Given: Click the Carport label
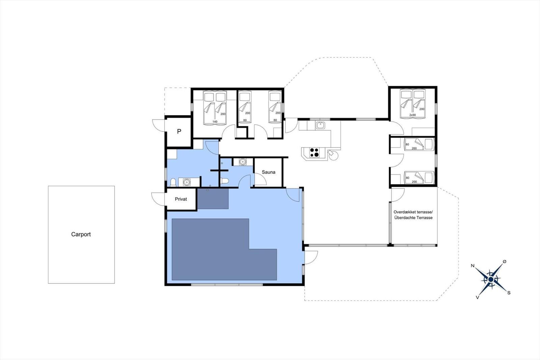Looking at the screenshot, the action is [81, 234].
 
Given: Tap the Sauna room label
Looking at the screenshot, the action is [269, 172].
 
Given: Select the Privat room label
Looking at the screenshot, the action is [181, 199].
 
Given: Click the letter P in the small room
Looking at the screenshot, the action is [179, 131].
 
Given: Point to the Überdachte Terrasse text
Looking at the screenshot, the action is [413, 217].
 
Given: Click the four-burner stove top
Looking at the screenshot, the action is [314, 153].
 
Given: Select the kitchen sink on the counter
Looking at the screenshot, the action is [320, 126].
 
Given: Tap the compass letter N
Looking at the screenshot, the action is [473, 266].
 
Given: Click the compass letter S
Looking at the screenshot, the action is [509, 293].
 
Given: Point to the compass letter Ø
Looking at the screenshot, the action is [505, 261].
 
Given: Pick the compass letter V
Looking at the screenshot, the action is [477, 298].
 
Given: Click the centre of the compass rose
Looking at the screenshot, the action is [491, 279].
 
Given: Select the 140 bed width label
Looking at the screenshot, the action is [215, 122].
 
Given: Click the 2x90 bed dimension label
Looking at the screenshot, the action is [412, 115].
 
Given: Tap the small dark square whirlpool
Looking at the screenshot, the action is [213, 199].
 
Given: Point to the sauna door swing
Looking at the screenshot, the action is [260, 179].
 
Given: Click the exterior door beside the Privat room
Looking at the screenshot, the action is [158, 199].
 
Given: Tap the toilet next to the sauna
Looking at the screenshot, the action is [224, 181].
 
